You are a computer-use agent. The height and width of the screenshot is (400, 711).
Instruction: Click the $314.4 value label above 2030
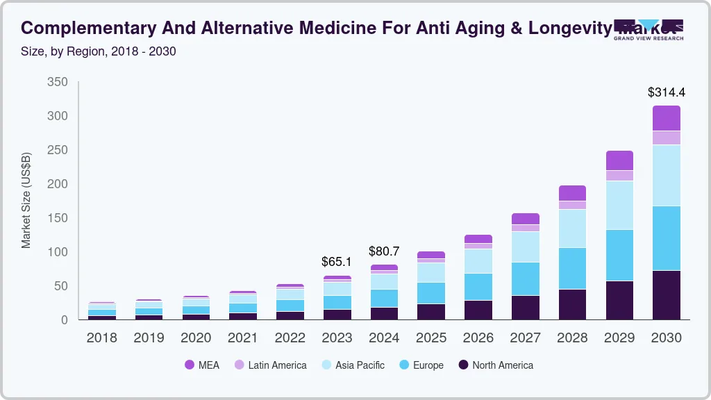pyautogui.click(x=666, y=92)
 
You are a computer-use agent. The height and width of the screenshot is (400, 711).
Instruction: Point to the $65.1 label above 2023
pyautogui.click(x=337, y=262)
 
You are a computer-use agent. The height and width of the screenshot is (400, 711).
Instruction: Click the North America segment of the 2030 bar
pyautogui.click(x=666, y=294)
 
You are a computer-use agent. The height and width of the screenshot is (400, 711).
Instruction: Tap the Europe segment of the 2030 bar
pyautogui.click(x=666, y=238)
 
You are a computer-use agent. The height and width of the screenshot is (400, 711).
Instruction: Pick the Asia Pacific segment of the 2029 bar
pyautogui.click(x=619, y=205)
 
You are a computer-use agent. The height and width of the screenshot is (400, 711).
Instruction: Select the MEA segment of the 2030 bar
pyautogui.click(x=666, y=118)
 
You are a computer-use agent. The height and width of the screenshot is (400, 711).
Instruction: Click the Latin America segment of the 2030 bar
pyautogui.click(x=666, y=137)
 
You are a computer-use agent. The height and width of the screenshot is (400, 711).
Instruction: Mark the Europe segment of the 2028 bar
pyautogui.click(x=572, y=268)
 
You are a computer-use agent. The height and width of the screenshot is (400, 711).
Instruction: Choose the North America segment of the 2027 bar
pyautogui.click(x=525, y=307)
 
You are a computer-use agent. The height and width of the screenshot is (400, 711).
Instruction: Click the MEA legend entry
pyautogui.click(x=202, y=365)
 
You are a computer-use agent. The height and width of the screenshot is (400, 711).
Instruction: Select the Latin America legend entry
pyautogui.click(x=270, y=365)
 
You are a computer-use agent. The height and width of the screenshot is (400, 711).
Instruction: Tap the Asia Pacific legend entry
pyautogui.click(x=352, y=365)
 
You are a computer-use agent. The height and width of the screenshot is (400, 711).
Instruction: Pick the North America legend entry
pyautogui.click(x=495, y=365)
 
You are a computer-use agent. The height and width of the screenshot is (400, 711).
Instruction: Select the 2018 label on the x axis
pyautogui.click(x=101, y=338)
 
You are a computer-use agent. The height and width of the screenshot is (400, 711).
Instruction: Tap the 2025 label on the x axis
pyautogui.click(x=430, y=338)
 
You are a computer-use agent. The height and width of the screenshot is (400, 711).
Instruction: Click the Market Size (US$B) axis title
pyautogui.click(x=26, y=200)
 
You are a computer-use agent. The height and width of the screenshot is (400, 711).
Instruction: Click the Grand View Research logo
pyautogui.click(x=649, y=29)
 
